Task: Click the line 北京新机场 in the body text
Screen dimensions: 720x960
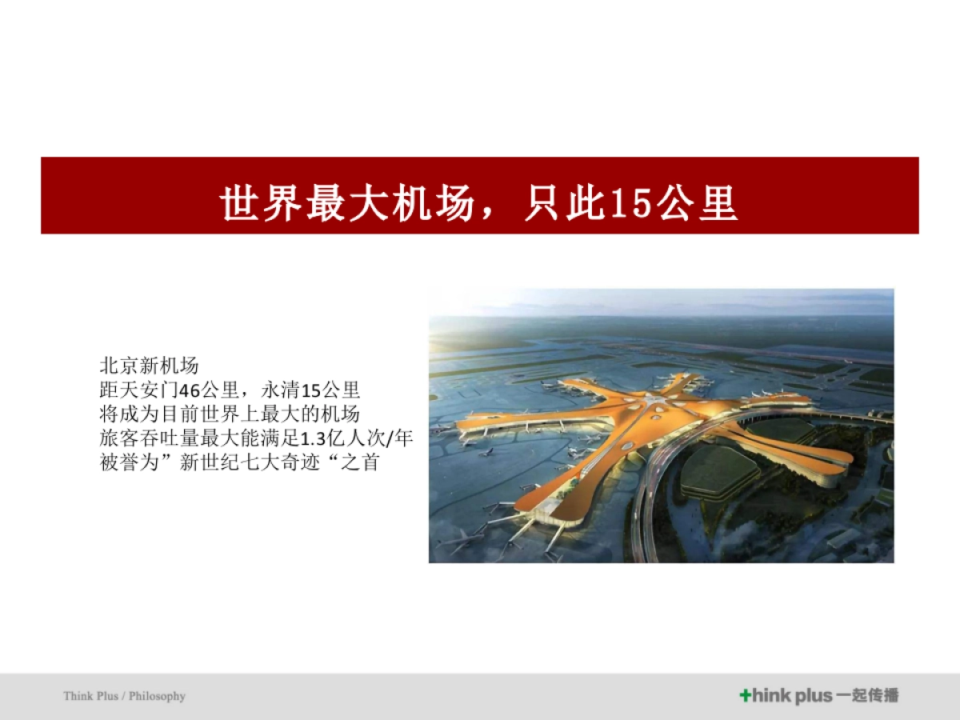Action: click(149, 366)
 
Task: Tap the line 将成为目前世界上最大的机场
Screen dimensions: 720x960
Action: click(230, 414)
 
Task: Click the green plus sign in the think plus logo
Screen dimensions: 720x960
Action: click(745, 696)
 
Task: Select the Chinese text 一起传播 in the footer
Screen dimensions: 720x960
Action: click(867, 696)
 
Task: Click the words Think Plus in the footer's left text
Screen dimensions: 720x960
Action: click(90, 696)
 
